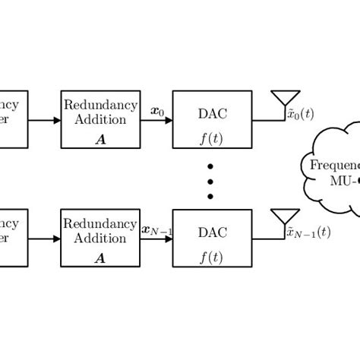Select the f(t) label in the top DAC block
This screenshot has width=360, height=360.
210,139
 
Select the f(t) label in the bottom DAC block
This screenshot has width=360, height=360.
210,257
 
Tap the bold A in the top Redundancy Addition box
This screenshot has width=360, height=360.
99,139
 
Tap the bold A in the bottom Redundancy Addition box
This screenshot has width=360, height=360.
99,257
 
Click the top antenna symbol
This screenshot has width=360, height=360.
283,99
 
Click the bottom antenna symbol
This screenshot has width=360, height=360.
283,216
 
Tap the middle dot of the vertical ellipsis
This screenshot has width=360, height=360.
211,181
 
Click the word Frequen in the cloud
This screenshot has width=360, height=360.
333,166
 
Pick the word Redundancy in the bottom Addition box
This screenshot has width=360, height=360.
99,223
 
